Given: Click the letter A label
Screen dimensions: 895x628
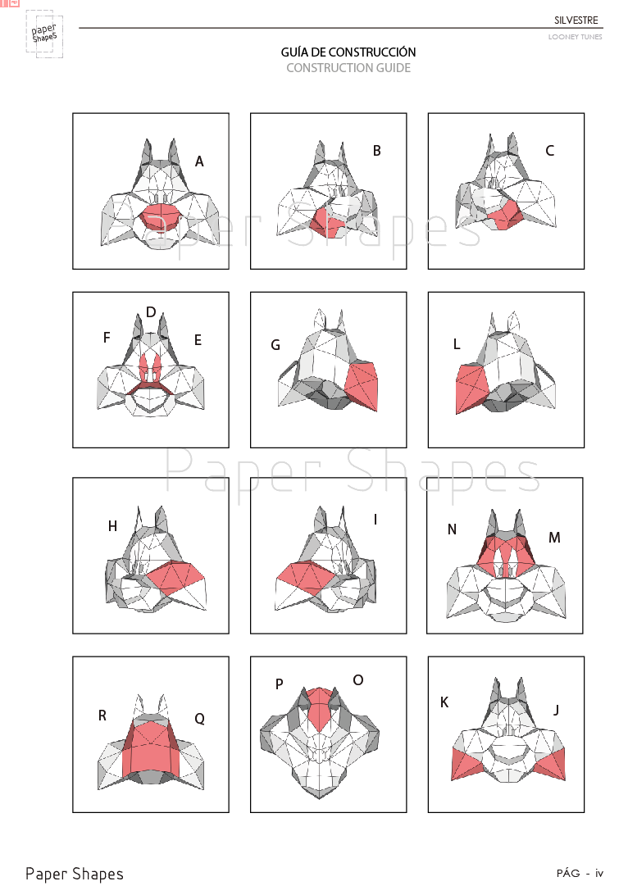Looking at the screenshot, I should point(199,162).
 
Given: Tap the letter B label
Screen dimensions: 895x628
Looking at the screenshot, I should point(377,151).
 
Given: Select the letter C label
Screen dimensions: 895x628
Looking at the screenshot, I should point(550,151).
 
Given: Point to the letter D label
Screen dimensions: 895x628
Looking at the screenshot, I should point(151,312).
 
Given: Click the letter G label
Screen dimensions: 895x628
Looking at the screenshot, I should point(275,346).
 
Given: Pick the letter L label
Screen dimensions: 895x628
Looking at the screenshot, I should point(457,345).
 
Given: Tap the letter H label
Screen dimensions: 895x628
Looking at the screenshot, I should point(112,526).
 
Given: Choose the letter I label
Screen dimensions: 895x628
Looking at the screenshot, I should point(375,520).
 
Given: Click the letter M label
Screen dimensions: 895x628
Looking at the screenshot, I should point(554,538).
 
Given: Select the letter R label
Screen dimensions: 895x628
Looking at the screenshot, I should point(102,716).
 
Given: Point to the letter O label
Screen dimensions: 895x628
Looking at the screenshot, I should point(357,680).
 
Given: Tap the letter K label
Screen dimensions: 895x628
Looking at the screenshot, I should point(444,702).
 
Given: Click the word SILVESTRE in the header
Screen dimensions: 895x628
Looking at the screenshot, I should point(576,20).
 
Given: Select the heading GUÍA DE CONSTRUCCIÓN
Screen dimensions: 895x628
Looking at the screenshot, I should point(348,52).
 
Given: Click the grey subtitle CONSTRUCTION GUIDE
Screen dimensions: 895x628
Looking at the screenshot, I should point(348,68).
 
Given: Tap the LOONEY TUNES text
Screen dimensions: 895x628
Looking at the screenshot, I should point(575,37).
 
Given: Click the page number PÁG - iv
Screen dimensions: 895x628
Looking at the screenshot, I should point(580,873).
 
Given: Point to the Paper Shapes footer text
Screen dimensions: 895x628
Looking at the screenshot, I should point(75,874).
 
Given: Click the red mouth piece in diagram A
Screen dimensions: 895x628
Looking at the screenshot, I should point(165,216).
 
